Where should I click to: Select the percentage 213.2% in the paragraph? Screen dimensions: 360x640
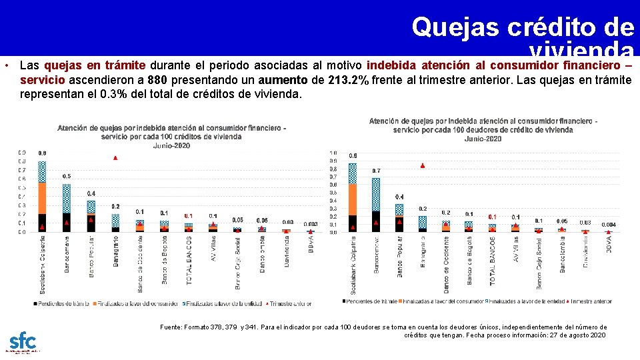[x=349, y=80]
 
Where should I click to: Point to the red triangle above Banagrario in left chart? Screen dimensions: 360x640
[x=115, y=158]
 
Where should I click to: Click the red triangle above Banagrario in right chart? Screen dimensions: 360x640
[x=422, y=165]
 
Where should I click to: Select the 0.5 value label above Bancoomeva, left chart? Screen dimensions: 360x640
[x=67, y=176]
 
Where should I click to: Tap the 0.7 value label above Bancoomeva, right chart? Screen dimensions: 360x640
[x=376, y=171]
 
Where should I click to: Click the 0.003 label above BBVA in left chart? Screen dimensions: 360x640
[x=310, y=225]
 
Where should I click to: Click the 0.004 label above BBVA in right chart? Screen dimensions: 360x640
[x=608, y=225]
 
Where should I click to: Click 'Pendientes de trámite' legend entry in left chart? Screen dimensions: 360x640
[x=63, y=303]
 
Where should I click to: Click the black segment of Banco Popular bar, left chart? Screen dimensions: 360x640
[x=91, y=223]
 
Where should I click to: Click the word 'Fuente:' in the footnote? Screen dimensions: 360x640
[x=171, y=327]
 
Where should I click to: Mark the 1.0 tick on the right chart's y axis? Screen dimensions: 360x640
[x=333, y=153]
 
